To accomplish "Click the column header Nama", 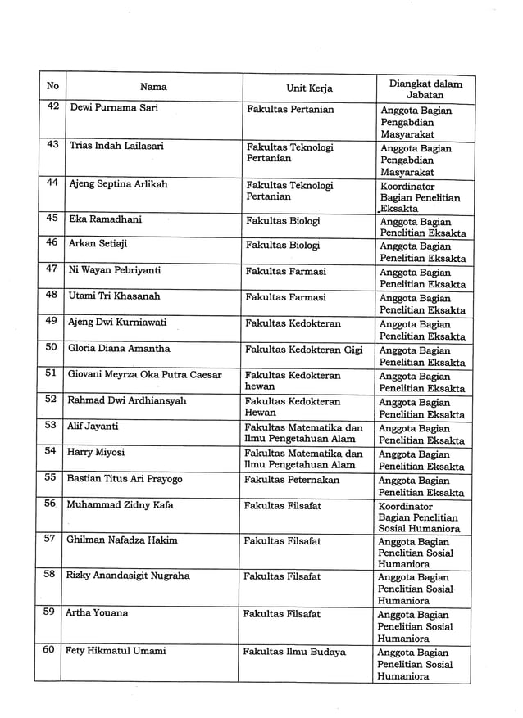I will (x=153, y=87).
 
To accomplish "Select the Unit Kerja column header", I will (x=309, y=88).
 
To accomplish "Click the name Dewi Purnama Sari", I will (x=114, y=108).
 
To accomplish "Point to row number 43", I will (x=52, y=145).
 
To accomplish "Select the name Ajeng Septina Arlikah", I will (x=118, y=184).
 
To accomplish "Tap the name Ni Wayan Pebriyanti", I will (x=114, y=270).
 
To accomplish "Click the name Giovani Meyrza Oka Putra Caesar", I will (x=144, y=374).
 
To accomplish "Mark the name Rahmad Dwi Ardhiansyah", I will (x=126, y=400).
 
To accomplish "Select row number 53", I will (x=51, y=426).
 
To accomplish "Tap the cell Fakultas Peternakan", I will (x=292, y=479).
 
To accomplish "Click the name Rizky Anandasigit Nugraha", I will (x=127, y=576).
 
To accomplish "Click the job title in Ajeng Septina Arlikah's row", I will (x=420, y=197).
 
